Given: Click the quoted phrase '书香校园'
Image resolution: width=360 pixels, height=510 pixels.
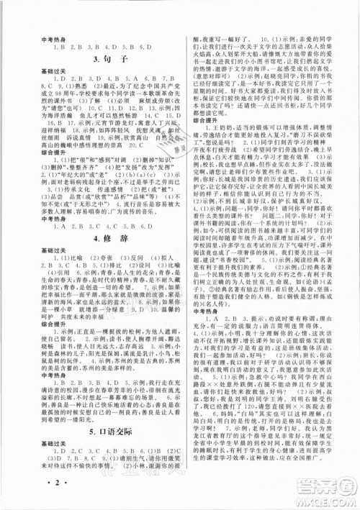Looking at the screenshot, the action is point(239,258).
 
